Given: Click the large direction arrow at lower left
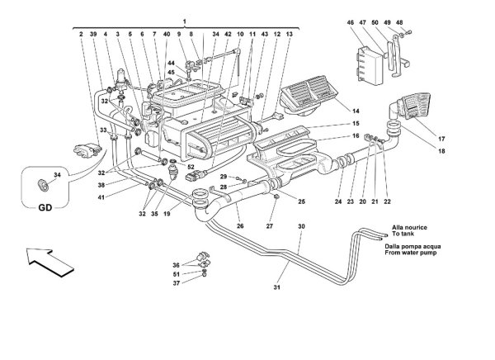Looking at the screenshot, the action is pos(49,262).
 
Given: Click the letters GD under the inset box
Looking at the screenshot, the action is pos(45,207).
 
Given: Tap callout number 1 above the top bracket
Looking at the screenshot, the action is pos(184,21).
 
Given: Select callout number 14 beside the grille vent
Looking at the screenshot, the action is pos(356,111).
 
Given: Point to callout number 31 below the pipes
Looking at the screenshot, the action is pos(277,287).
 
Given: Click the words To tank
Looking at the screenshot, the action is pos(403,234).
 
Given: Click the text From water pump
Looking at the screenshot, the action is pos(410,253).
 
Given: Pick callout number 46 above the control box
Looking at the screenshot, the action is pos(351,22).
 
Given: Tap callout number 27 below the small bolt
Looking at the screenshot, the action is pos(269,226).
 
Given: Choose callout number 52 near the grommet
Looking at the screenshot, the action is pos(191,167).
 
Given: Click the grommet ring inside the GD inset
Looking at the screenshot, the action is pos(43,185).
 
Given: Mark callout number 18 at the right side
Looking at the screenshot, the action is pos(441,151).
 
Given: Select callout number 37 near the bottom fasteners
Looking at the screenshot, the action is pos(177,283).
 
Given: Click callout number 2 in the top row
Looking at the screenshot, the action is pos(81,34).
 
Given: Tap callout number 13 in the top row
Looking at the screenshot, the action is pos(290,34).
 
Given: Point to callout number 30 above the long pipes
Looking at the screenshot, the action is pos(301,226).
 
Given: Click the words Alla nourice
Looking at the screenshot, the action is pos(409,227).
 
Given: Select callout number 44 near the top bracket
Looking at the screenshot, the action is pos(171,64).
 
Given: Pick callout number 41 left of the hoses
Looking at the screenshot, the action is pos(101,197).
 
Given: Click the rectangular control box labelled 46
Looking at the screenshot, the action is pos(370,66).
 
